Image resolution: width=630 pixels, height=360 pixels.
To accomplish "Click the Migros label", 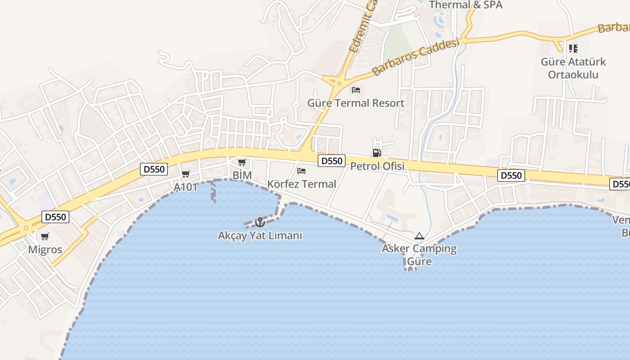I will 45,250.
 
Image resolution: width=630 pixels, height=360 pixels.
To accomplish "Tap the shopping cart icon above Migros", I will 45,236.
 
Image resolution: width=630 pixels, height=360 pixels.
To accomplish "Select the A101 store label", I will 186,187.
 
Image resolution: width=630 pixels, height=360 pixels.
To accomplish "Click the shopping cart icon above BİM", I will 242,162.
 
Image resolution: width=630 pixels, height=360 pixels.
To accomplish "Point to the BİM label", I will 242,175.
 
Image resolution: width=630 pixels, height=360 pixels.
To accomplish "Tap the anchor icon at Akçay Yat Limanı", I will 260,222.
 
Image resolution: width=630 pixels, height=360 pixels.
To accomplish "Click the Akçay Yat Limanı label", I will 260,235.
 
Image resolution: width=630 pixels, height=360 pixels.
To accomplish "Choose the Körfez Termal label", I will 301,184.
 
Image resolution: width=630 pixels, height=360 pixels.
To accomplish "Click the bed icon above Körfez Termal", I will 301,171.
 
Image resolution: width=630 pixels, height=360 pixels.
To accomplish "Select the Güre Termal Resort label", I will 355,103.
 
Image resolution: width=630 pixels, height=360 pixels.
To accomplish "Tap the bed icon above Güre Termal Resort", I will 356,90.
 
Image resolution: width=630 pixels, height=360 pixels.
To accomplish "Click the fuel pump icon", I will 377,153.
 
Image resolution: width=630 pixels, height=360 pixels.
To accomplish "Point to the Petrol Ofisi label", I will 377,166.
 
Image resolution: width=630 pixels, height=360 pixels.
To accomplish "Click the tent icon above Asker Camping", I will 419,236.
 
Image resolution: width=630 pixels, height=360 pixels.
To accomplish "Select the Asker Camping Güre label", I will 419,255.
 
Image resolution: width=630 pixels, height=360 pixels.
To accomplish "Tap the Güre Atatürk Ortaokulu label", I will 573,68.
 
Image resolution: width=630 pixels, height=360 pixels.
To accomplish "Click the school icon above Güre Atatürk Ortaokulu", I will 573,48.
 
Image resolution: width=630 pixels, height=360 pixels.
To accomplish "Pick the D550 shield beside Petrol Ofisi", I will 331,161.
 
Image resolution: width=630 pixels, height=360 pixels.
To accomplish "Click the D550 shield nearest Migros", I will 56,217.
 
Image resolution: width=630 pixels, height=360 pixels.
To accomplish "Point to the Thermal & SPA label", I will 466,5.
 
